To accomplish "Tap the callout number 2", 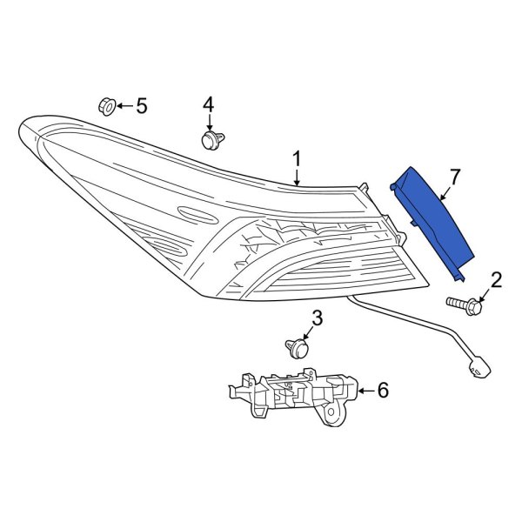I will click(497, 279).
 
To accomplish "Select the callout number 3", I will click(317, 319).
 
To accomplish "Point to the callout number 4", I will click(209, 105).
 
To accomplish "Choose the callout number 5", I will click(141, 106).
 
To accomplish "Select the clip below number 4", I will click(209, 140).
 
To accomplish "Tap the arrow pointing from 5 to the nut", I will click(124, 106).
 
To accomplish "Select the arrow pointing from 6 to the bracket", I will click(364, 391).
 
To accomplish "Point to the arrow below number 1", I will click(297, 177).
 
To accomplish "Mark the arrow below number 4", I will click(209, 123).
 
